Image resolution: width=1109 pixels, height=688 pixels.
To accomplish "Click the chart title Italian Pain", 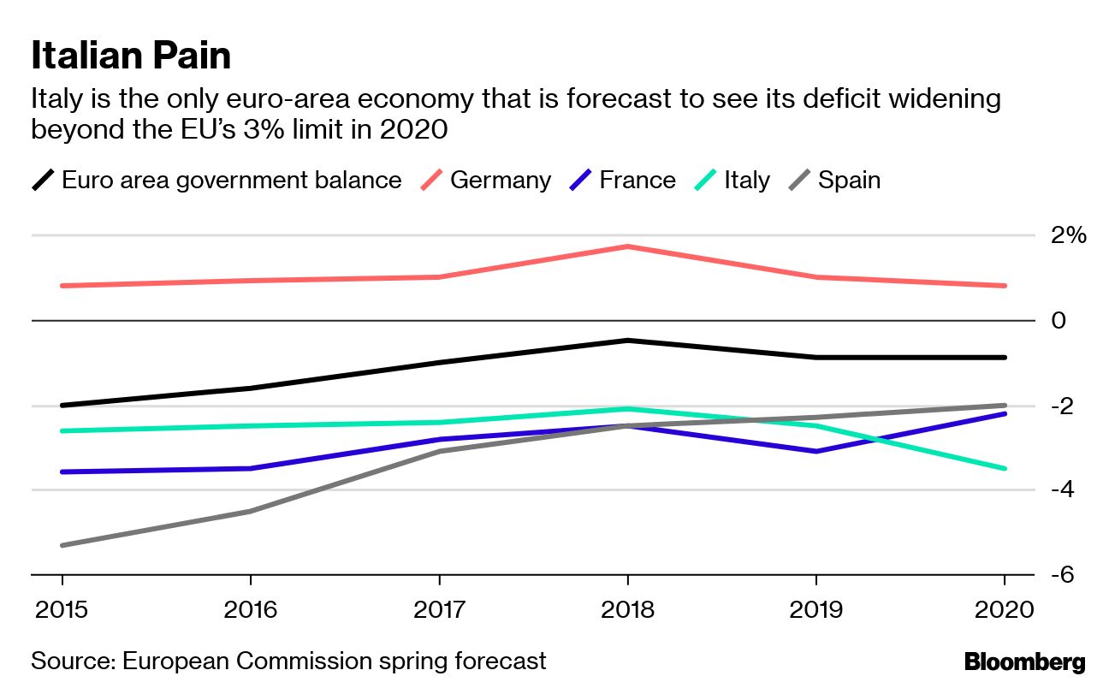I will point(131,56).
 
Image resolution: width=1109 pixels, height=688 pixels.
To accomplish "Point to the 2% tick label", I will point(1068,235).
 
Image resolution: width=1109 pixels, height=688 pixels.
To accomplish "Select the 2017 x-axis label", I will point(439,610).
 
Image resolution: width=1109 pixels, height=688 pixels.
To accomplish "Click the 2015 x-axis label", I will point(62,610).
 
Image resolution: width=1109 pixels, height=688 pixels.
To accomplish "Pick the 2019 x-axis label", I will point(815,610).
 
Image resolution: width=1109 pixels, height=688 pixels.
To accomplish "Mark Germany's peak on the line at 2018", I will point(627,246).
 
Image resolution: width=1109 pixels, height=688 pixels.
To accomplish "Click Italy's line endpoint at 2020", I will point(1005,468).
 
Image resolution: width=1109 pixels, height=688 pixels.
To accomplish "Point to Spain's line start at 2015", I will point(62,545).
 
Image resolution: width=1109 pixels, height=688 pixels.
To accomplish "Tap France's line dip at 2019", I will point(815,451).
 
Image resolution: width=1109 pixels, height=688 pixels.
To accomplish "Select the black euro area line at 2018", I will point(627,341).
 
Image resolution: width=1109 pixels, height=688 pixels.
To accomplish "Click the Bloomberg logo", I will point(1024,661).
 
